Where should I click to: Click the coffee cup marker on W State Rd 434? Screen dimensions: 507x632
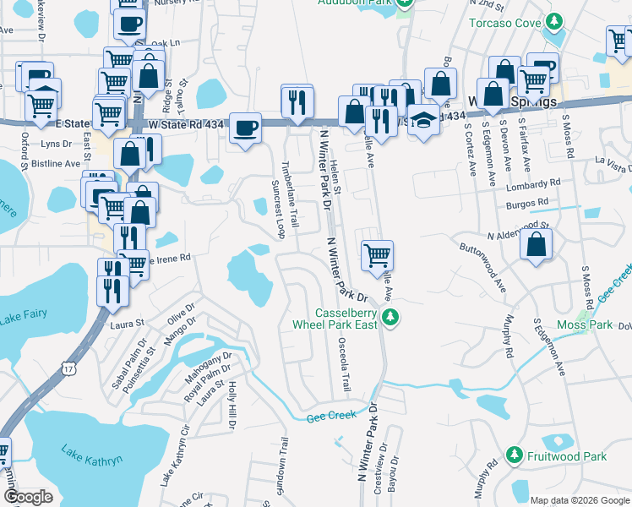coord(245,128)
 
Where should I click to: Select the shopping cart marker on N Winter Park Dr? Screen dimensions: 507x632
coord(377,255)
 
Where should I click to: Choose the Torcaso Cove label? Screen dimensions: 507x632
coord(505,22)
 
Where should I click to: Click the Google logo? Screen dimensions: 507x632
coord(28,497)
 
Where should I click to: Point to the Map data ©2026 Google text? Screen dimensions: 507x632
coord(579,500)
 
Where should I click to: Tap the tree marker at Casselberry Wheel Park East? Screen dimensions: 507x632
coord(390,317)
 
